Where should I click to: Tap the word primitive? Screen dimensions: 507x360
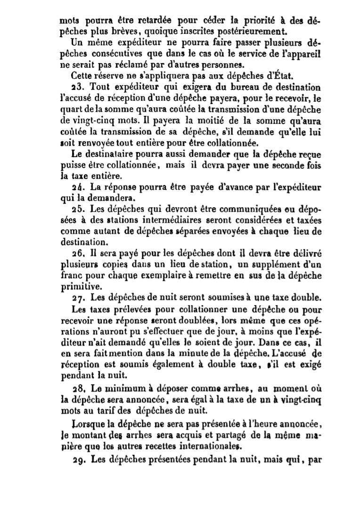click(78, 285)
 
